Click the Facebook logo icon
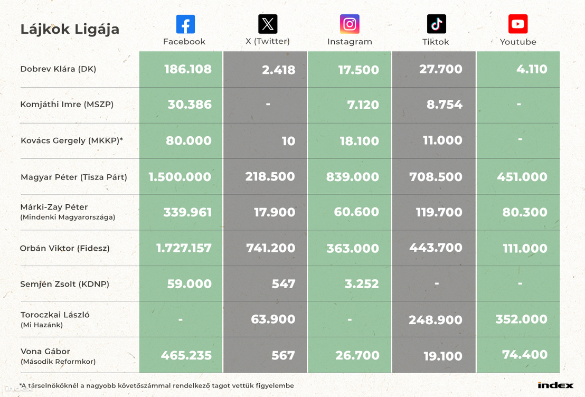click(x=185, y=24)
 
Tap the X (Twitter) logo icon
click(x=268, y=24)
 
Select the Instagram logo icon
click(x=350, y=24)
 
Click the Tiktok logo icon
click(x=437, y=24)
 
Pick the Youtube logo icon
click(x=518, y=24)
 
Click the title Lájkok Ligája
click(x=70, y=29)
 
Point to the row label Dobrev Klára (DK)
click(x=58, y=69)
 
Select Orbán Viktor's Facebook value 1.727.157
click(x=184, y=248)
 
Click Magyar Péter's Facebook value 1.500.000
click(x=180, y=177)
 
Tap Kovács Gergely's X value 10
click(x=288, y=141)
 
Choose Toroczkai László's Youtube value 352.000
click(x=522, y=319)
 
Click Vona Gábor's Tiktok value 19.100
click(x=443, y=356)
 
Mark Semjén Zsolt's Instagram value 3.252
click(x=362, y=284)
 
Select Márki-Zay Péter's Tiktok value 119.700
click(x=439, y=212)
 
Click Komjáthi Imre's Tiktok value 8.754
click(x=445, y=105)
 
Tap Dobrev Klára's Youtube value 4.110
click(x=532, y=69)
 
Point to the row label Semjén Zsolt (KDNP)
click(x=64, y=284)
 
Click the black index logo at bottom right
click(x=555, y=385)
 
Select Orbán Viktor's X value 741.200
click(x=270, y=248)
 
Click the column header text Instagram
click(x=350, y=42)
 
